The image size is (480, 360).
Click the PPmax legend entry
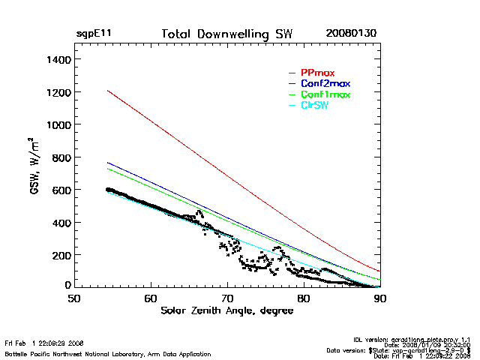coord(317,73)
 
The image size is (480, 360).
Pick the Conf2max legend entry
coord(325,83)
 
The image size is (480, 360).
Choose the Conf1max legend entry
coord(325,94)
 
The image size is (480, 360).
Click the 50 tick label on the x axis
coord(74,298)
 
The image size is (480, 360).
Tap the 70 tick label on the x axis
coord(227,298)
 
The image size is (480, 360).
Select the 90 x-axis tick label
coord(380,298)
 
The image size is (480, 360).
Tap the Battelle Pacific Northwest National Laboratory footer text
coord(108,353)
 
